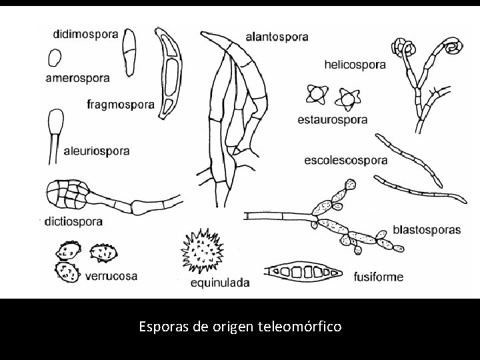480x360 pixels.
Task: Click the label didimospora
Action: (87, 33)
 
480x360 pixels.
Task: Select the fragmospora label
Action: (121, 104)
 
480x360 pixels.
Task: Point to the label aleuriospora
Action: (97, 151)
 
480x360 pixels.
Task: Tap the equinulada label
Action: (220, 283)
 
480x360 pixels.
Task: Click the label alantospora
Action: (276, 37)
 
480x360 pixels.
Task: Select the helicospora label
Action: (354, 65)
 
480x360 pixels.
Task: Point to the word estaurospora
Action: (332, 120)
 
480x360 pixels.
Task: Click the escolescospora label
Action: (345, 161)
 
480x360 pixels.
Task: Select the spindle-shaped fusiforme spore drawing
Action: (303, 272)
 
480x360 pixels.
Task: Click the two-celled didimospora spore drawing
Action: (130, 53)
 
